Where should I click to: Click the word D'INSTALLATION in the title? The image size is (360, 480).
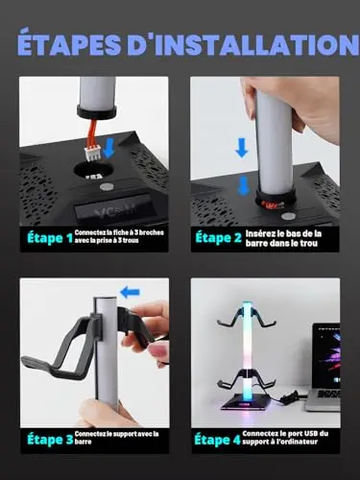[x=244, y=44]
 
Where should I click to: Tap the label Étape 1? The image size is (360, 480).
[x=50, y=238]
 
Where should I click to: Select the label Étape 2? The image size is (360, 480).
[x=218, y=238]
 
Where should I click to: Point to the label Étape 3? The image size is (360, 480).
[x=50, y=440]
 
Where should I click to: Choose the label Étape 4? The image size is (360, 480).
[x=217, y=440]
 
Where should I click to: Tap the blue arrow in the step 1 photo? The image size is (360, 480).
[x=108, y=148]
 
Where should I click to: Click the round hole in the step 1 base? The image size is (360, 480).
[x=91, y=170]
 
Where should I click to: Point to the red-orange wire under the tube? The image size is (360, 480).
[x=93, y=132]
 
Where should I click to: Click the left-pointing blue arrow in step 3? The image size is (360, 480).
[x=130, y=292]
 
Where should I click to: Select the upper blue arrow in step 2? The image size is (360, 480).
[x=242, y=148]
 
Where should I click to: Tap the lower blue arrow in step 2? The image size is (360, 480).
[x=244, y=185]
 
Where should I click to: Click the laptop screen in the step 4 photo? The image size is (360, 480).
[x=325, y=354]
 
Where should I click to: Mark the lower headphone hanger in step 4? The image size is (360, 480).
[x=247, y=380]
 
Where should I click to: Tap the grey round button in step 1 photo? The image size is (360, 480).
[x=105, y=187]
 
